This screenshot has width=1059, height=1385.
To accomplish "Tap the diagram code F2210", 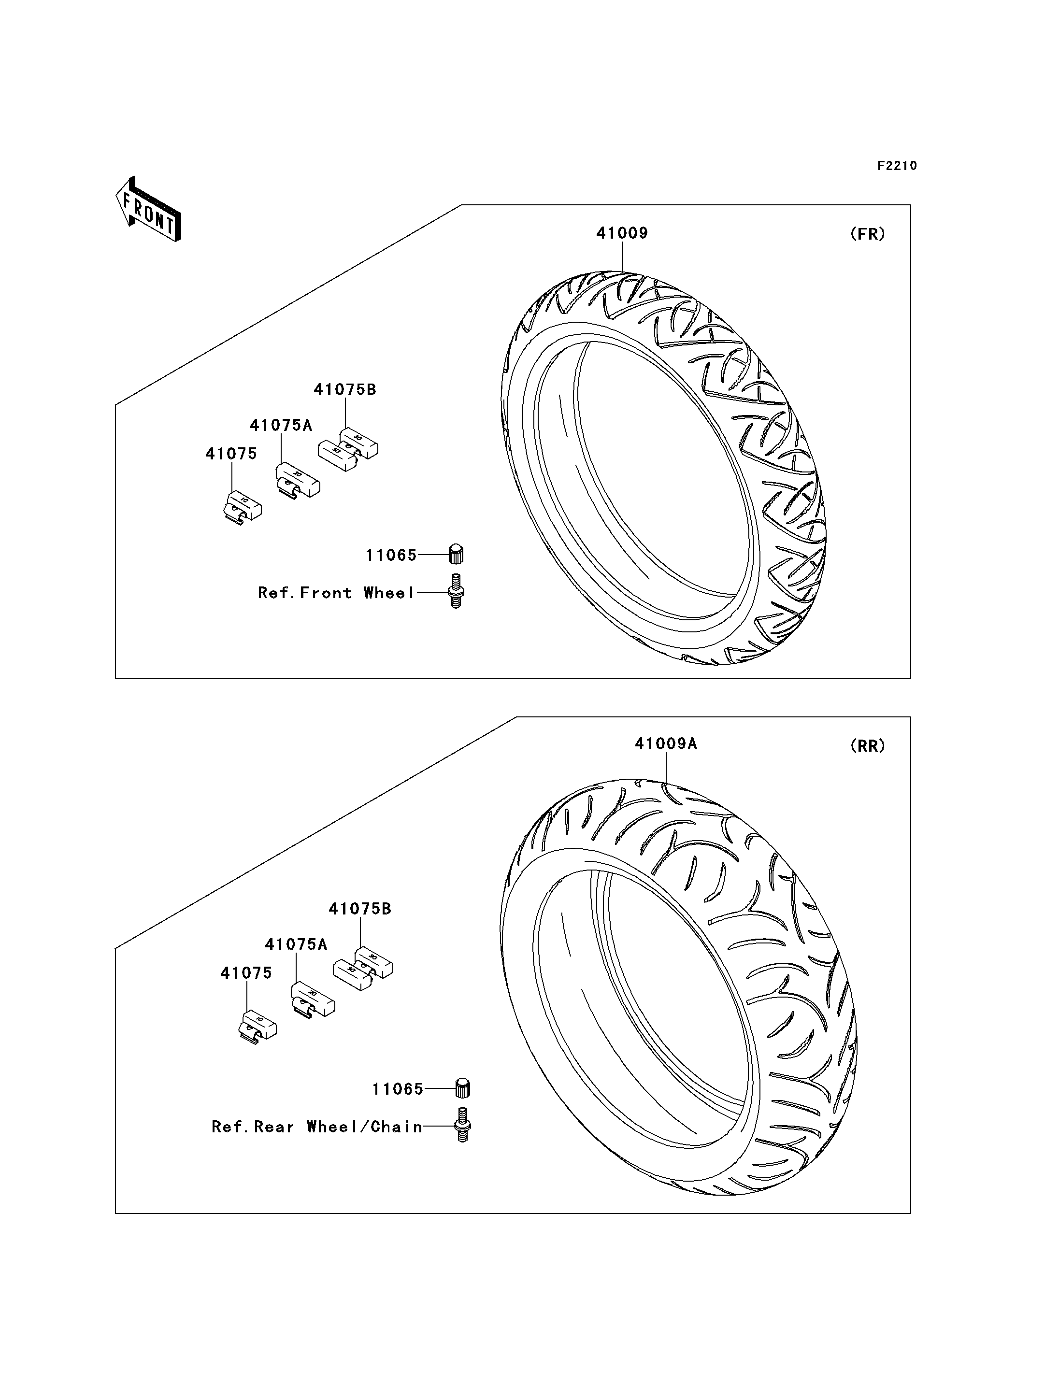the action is pos(897,166).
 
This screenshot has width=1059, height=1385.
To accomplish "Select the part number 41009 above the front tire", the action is pos(622,233).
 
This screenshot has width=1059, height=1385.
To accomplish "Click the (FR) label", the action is pos(867,234).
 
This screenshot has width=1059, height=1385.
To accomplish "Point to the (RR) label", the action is pos(867,746).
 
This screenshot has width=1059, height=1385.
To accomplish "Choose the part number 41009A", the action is pos(666,744).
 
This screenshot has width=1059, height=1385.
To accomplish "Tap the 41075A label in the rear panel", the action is pos(296,944).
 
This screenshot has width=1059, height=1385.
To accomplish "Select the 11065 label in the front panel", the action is pos(391,556).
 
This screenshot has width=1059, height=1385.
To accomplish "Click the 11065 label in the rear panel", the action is pos(398,1089).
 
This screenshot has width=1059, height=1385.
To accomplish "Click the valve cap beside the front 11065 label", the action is pos(456,554).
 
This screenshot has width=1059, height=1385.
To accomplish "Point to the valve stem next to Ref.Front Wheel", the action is pos(456,591).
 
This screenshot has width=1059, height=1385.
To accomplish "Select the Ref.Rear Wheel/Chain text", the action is pos(317,1127).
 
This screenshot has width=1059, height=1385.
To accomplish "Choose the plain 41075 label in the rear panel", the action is pos(246,973).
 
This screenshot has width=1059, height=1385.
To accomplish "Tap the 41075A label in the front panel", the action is pos(281,426).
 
